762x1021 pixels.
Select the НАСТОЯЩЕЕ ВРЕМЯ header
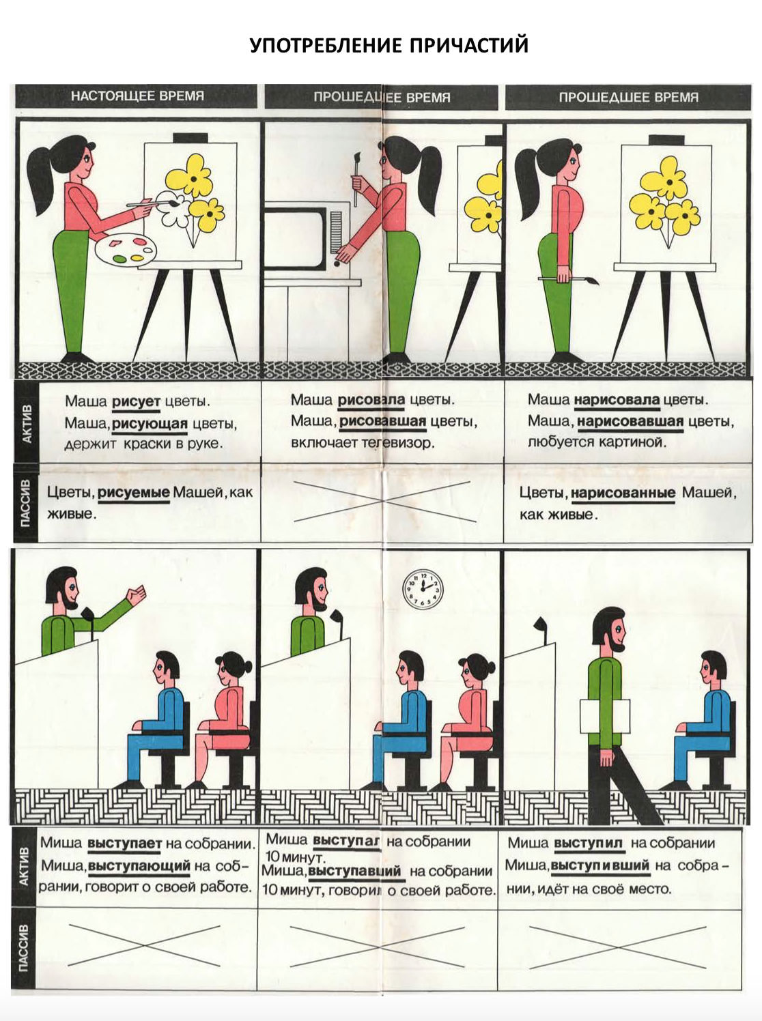coord(138,96)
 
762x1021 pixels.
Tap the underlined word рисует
coord(136,401)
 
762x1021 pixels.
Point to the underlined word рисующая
coord(150,425)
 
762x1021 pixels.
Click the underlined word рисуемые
coord(134,493)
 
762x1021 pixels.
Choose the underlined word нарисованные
coord(623,493)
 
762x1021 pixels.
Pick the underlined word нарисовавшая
coord(630,422)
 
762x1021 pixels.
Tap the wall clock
coord(423,590)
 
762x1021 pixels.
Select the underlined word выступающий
coord(139,866)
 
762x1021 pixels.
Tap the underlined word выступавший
coord(354,871)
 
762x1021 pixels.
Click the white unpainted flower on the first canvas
coord(171,208)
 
